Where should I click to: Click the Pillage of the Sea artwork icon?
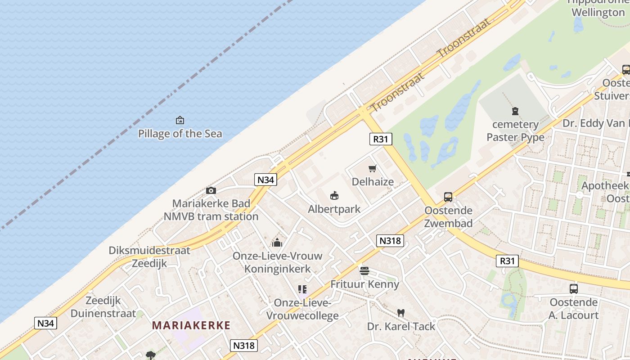[x=180, y=120]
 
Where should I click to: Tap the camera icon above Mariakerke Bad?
[x=211, y=190]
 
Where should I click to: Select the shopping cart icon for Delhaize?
[x=372, y=169]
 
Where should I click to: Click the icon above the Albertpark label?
[x=334, y=196]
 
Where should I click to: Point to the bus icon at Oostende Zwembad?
[x=448, y=197]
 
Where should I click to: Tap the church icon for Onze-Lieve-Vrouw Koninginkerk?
[x=277, y=243]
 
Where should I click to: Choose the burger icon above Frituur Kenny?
[x=364, y=271]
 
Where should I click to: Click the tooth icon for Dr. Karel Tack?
[x=400, y=313]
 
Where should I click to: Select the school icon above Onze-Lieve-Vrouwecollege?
[x=302, y=289]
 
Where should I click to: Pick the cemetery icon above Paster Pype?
[x=515, y=111]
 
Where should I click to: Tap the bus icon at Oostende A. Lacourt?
[x=573, y=289]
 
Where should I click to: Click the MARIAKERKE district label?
[x=191, y=325]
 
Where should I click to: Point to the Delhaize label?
[x=373, y=182]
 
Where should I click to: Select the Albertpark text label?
[x=334, y=209]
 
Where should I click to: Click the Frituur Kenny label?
[x=364, y=284]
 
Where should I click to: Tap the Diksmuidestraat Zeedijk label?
[x=149, y=257]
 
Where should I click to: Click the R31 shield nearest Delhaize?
[x=380, y=139]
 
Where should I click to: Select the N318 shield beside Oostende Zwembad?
[x=390, y=241]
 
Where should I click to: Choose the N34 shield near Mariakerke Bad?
[x=265, y=180]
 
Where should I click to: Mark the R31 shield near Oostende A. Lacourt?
[x=508, y=261]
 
